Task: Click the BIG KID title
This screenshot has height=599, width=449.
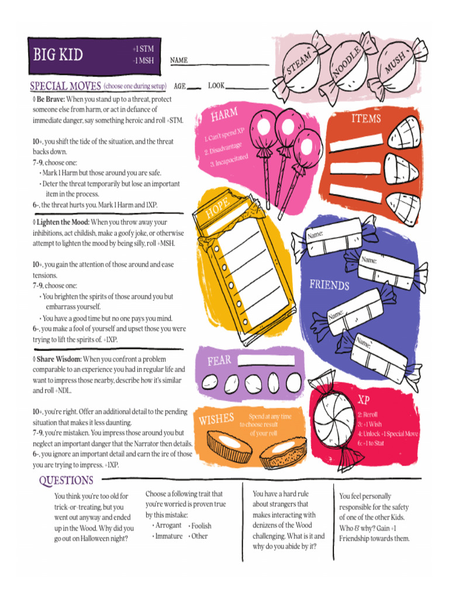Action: click(x=58, y=55)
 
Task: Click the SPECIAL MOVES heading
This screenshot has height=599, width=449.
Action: click(x=65, y=86)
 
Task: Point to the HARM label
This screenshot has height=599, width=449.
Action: click(x=224, y=114)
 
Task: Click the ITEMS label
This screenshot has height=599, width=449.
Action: click(x=366, y=119)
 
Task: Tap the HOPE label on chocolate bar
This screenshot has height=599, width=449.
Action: click(x=217, y=208)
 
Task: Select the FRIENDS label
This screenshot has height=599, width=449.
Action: click(x=329, y=285)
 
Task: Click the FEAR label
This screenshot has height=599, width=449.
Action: click(x=219, y=360)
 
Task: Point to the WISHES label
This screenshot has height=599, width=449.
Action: click(x=216, y=419)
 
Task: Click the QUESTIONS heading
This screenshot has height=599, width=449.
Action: click(x=66, y=480)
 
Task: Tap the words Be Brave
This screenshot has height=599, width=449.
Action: click(x=51, y=99)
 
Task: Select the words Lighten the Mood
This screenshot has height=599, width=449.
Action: click(x=63, y=222)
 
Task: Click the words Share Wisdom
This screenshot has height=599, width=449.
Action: click(x=59, y=359)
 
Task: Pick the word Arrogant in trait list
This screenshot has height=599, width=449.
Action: click(x=168, y=525)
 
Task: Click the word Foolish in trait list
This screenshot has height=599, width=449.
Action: click(x=201, y=525)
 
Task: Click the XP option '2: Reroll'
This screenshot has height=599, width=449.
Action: click(x=368, y=414)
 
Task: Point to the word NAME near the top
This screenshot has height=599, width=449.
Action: click(x=179, y=60)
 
